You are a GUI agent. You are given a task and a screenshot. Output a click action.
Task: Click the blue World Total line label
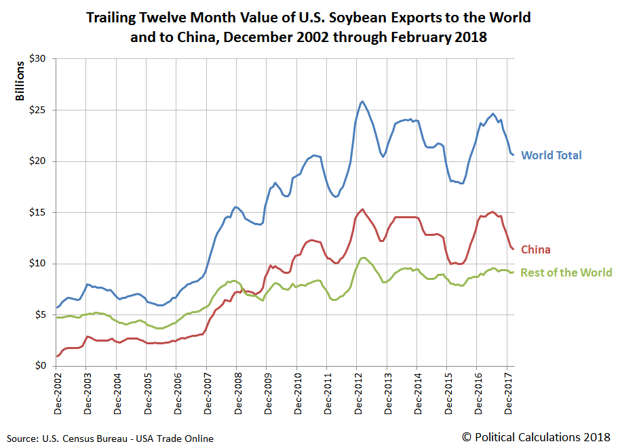coord(551,155)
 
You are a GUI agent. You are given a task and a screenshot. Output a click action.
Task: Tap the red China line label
coord(535,250)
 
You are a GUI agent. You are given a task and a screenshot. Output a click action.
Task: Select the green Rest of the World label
coord(566,272)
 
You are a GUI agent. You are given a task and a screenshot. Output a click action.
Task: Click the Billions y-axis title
coord(20,79)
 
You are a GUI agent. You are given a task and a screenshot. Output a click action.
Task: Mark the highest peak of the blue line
coord(362,101)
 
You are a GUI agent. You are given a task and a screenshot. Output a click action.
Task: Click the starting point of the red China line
coord(56,357)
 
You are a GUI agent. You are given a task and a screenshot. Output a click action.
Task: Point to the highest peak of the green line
coord(364,258)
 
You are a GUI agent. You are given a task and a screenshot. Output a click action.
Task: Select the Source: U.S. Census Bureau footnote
coord(110,439)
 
